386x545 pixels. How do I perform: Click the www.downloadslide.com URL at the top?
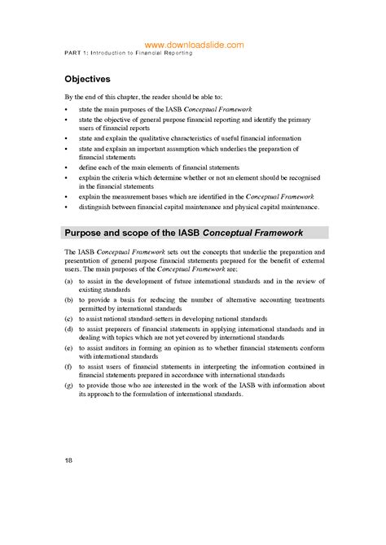(193, 46)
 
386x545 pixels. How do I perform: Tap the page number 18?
(68, 461)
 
